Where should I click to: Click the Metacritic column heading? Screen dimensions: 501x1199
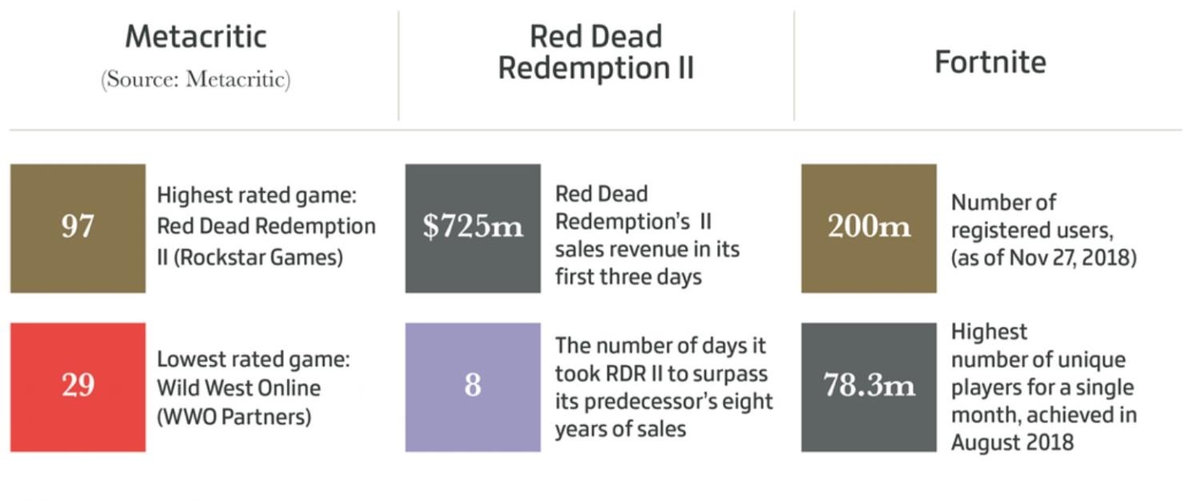pyautogui.click(x=196, y=37)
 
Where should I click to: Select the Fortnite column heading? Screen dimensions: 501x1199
pyautogui.click(x=990, y=62)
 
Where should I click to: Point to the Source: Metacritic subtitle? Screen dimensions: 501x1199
pyautogui.click(x=196, y=80)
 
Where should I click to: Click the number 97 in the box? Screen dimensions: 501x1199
pyautogui.click(x=78, y=228)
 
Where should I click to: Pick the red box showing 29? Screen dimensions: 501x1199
pyautogui.click(x=78, y=387)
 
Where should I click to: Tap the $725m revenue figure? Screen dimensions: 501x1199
pyautogui.click(x=472, y=228)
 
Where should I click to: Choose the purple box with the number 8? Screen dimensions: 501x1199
pyautogui.click(x=472, y=387)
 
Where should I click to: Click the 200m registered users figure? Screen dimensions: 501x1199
pyautogui.click(x=869, y=228)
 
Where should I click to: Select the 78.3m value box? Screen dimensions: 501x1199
pyautogui.click(x=869, y=387)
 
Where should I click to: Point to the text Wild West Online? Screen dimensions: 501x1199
pyautogui.click(x=238, y=388)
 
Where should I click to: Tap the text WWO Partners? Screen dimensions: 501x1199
pyautogui.click(x=233, y=417)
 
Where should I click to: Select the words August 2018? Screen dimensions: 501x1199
pyautogui.click(x=1012, y=443)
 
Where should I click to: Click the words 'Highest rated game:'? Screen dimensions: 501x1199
pyautogui.click(x=256, y=196)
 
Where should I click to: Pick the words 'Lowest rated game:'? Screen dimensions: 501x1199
pyautogui.click(x=253, y=360)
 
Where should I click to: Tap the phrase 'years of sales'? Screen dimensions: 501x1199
pyautogui.click(x=620, y=429)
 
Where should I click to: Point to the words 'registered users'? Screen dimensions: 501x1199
pyautogui.click(x=1031, y=231)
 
